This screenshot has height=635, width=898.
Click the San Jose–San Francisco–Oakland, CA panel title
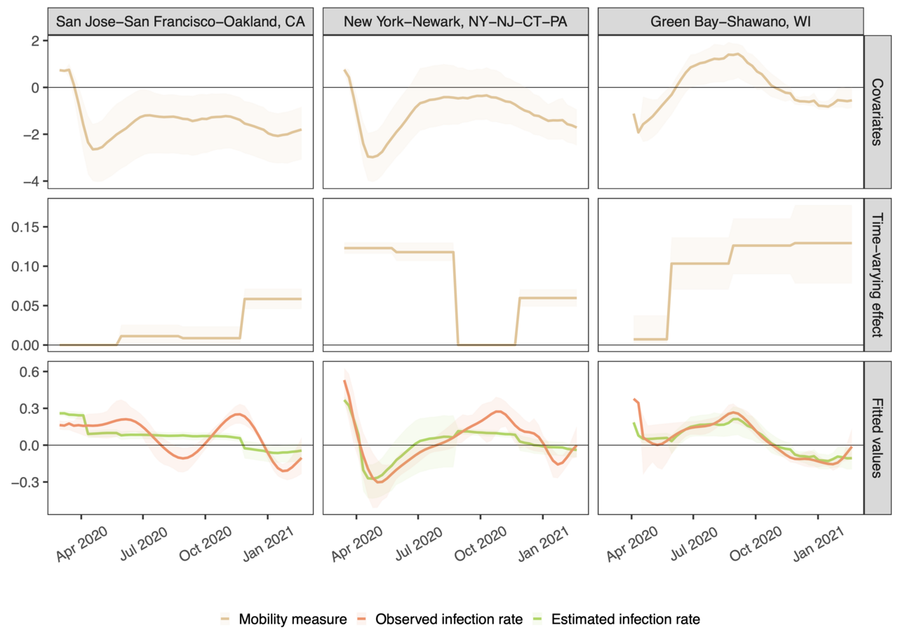180,22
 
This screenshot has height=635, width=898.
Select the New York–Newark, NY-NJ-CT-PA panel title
455,22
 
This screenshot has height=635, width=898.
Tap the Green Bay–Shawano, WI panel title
730,22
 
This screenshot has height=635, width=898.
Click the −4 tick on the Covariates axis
32,181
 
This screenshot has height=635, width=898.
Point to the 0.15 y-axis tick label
27,227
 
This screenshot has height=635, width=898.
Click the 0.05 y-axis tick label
27,306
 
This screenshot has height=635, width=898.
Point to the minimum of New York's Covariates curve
373,157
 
